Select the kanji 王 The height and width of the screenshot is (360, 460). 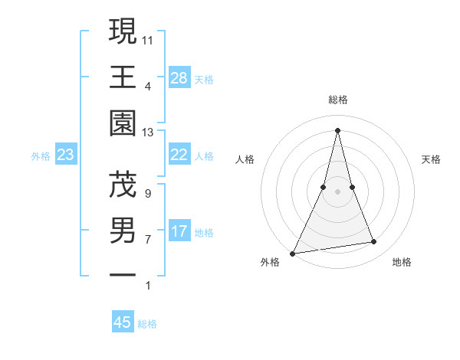(123, 77)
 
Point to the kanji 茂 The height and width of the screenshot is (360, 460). (123, 184)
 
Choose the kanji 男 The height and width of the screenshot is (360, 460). (123, 230)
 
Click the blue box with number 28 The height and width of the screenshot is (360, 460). (179, 78)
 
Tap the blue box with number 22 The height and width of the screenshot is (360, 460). (179, 155)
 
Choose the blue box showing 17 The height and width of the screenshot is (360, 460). (179, 231)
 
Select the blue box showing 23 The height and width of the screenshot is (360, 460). (66, 155)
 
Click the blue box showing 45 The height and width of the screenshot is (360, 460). (123, 322)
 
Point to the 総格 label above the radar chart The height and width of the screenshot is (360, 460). (338, 100)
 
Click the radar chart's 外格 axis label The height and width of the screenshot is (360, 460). (270, 263)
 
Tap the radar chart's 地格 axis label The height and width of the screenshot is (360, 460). (402, 263)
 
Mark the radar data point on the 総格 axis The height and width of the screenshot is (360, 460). (338, 129)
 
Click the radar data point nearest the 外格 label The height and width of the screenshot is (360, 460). (292, 253)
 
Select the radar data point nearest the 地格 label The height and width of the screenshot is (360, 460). (374, 242)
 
